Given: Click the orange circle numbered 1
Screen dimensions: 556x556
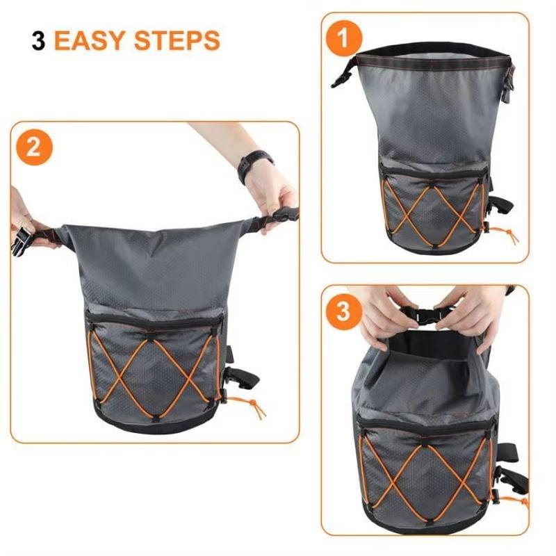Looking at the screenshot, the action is tap(343, 38).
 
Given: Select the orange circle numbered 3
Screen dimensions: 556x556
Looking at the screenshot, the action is tap(343, 311).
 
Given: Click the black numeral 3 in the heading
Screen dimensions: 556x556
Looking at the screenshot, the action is tap(39, 40).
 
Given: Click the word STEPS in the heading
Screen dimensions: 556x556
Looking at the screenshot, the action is tap(177, 40).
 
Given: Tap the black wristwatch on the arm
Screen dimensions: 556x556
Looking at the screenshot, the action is tap(254, 165).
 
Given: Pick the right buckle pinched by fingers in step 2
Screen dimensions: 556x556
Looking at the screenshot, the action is tap(284, 215).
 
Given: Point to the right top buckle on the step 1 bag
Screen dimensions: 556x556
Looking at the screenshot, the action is tap(508, 84).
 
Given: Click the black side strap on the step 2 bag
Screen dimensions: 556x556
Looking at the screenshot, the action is tap(241, 377).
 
